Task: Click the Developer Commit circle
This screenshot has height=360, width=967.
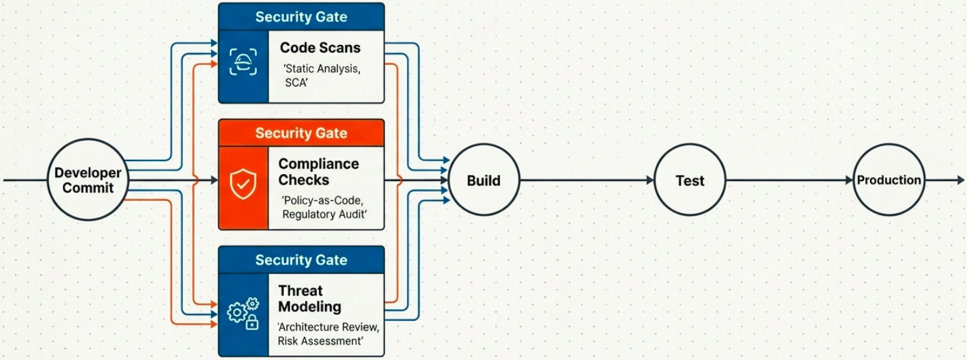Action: (87, 180)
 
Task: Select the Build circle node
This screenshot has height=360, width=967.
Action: (483, 181)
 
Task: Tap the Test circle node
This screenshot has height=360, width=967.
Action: (690, 181)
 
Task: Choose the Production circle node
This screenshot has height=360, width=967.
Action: (888, 180)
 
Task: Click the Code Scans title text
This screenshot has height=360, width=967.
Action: (320, 48)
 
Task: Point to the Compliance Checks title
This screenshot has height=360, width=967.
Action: (318, 172)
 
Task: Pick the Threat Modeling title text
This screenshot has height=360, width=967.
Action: (309, 299)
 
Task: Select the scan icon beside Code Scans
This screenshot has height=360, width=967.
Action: (243, 61)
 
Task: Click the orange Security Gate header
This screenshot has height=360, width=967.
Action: (301, 133)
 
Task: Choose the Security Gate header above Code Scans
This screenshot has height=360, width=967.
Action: (301, 17)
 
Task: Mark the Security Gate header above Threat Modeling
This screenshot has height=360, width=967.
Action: (301, 260)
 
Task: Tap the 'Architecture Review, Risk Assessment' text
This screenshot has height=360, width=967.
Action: (328, 333)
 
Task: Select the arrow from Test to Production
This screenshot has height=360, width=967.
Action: (789, 181)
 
